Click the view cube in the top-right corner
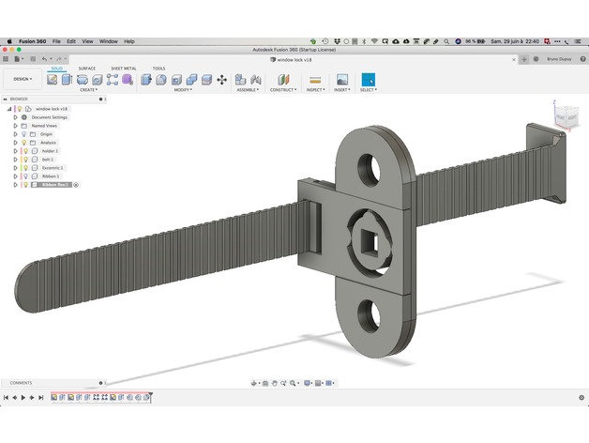coord(566,116)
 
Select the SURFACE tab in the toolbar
coord(86,69)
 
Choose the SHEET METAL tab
coord(123,69)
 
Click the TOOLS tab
coord(159,69)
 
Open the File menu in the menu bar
coord(57,41)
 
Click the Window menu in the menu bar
coord(109,41)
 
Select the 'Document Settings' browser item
coord(50,117)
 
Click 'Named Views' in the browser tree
coord(44,126)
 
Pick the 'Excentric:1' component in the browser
coord(52,167)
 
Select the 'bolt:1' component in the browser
coord(47,160)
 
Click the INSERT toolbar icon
coord(341,80)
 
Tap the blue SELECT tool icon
coord(368,80)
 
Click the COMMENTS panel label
coord(21,383)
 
